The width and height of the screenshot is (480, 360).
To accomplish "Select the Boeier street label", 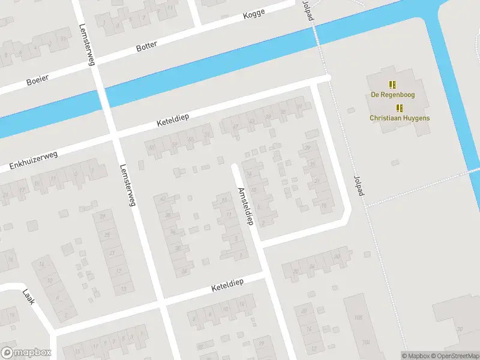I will coord(37,79).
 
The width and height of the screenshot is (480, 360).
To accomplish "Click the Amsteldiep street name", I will coord(245,205).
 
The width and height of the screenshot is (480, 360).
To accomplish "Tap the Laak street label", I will coord(28,297).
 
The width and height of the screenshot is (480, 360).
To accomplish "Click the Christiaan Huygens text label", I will coord(400,118).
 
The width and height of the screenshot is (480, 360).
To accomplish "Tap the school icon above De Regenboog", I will coord(392,85).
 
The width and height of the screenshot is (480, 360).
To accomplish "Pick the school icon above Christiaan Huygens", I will coord(400,108).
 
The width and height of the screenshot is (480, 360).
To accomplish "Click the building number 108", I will coord(358,317).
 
